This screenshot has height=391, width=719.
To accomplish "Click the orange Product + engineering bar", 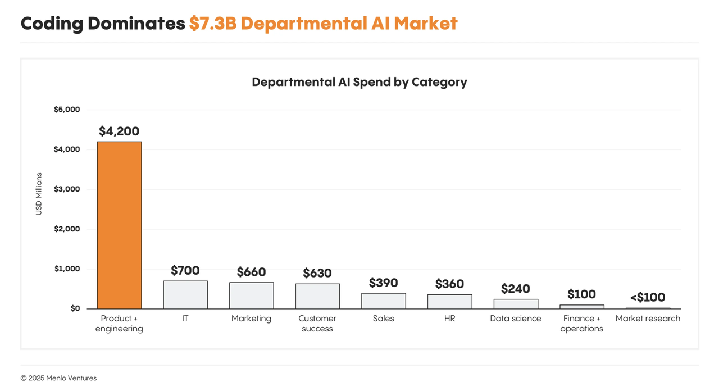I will point(119,225).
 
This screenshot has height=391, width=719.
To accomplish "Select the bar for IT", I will point(185,295).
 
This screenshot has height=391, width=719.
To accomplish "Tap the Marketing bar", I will point(251,295).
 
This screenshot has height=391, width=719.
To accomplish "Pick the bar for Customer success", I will point(317,296).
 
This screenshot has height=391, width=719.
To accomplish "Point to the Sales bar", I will point(383,301).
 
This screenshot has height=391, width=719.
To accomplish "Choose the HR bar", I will point(449,302).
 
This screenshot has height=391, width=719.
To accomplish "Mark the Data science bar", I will point(516,304).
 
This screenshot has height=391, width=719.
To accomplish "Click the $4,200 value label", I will point(119,131).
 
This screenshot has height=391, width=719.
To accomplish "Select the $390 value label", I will point(383,283).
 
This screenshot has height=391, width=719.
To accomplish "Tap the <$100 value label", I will point(648,297).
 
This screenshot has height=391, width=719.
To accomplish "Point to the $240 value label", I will point(516,289).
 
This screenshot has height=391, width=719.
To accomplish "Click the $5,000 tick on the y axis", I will point(67,110).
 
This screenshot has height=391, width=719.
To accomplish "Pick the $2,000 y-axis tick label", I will point(67,229).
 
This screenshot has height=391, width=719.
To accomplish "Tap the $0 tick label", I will point(75,308).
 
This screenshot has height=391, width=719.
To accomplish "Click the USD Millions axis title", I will point(39,194).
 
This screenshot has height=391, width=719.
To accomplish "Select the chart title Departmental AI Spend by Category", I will point(359,82).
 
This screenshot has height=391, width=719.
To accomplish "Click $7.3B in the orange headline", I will point(212,24).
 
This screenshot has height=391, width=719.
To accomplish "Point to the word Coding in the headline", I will point(53,24).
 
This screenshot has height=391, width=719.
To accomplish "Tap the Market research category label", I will point(648,319).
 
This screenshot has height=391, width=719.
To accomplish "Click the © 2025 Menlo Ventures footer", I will point(58,378).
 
